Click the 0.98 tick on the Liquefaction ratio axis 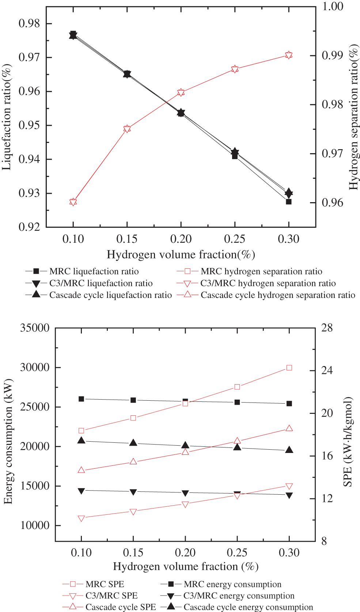tap(29, 23)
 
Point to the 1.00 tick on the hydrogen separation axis tap(332, 6)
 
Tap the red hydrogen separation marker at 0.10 tap(73, 202)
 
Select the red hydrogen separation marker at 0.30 tap(289, 55)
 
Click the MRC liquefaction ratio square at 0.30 tap(289, 201)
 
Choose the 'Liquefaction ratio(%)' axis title tap(7, 117)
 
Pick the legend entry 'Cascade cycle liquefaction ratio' tap(110, 295)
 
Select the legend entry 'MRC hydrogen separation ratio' tap(261, 271)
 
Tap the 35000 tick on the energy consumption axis tap(35, 328)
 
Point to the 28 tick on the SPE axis tap(327, 328)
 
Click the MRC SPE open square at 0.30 tap(289, 368)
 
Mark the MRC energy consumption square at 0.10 tap(82, 399)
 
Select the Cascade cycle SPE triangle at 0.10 tap(82, 470)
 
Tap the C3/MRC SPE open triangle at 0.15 tap(133, 512)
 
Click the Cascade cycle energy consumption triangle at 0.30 tap(289, 450)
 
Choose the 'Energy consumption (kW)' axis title tap(8, 441)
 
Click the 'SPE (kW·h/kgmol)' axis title tap(348, 441)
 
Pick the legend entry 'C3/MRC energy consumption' tap(239, 596)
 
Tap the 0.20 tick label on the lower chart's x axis tap(185, 552)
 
